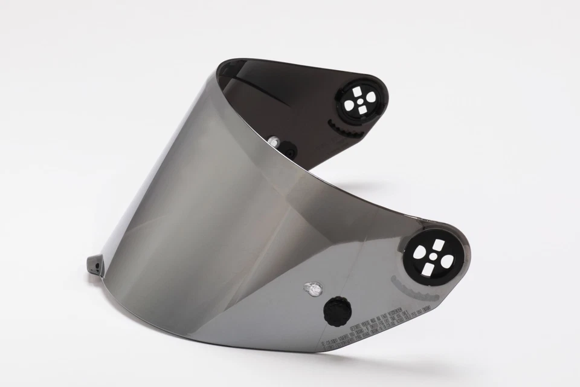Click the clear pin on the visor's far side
(274, 140)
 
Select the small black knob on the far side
(289, 149)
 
